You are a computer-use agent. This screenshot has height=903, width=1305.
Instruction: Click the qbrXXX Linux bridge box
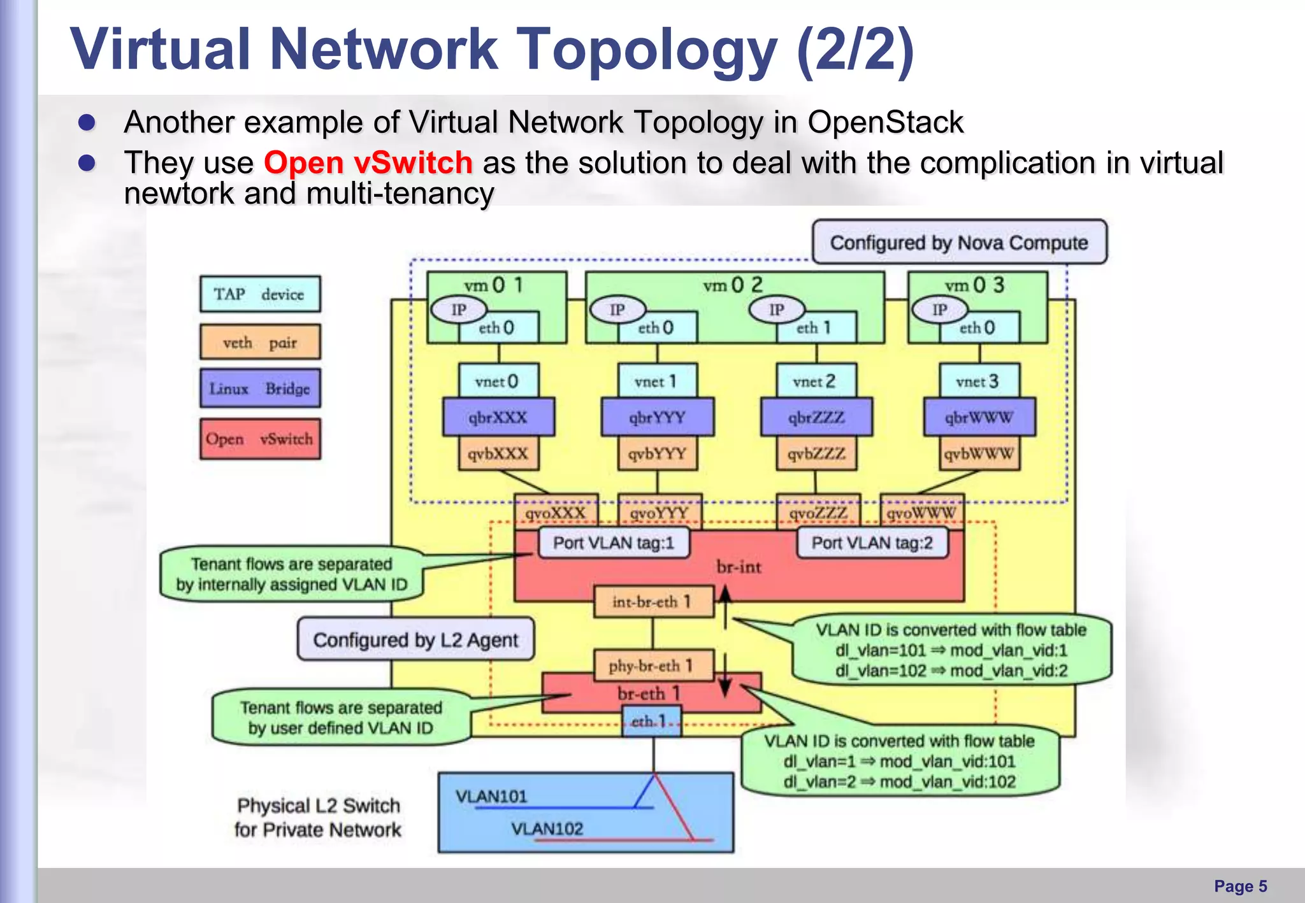point(498,418)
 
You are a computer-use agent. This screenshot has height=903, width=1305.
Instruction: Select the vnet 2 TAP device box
point(815,381)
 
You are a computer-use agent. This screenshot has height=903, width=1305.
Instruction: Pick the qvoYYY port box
point(660,512)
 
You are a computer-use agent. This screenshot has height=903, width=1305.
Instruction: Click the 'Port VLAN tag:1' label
point(614,543)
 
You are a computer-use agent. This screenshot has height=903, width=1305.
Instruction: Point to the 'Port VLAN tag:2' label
point(872,543)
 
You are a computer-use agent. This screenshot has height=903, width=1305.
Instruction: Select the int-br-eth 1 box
point(652,602)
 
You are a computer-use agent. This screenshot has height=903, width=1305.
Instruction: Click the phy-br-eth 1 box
point(652,665)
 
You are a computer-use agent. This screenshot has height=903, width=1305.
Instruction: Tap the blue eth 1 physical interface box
point(651,722)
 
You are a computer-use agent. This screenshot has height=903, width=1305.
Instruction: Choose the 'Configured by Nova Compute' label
point(959,243)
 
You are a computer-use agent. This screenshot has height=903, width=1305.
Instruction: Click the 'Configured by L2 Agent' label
point(415,639)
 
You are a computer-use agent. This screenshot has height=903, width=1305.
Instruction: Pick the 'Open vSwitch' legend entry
point(260,439)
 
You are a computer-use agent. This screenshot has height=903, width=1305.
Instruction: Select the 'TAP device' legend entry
point(260,294)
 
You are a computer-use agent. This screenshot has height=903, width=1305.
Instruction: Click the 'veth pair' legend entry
point(260,343)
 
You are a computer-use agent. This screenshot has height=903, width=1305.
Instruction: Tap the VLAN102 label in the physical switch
point(547,828)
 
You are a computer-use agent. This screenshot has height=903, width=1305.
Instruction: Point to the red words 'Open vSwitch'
point(368,162)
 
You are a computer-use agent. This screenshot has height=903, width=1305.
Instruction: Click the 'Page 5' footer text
point(1240,886)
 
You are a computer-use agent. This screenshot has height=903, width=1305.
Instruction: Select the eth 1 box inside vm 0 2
point(815,328)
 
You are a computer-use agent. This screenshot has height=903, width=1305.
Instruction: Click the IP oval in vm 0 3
point(940,310)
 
